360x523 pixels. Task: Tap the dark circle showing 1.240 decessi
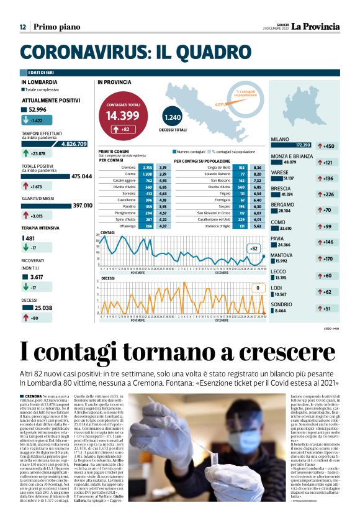[174, 117]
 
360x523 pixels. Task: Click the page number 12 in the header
[22, 27]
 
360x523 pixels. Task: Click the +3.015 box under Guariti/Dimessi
[34, 216]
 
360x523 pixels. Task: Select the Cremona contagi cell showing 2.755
[148, 168]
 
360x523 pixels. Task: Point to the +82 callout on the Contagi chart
[253, 248]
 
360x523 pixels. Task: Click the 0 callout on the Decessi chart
[256, 288]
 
